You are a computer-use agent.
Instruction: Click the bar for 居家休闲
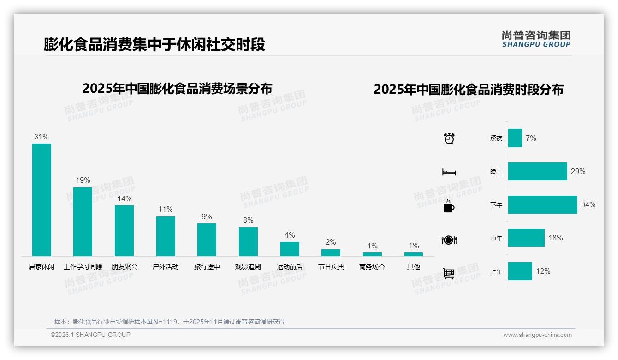[x=42, y=199]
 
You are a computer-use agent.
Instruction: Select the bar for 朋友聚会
[x=124, y=230]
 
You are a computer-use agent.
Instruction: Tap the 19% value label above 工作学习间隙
[x=83, y=180]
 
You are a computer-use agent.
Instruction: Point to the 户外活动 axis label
[x=166, y=267]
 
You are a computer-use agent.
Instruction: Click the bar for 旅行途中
[x=207, y=240]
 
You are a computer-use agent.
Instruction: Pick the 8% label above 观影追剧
[x=248, y=220]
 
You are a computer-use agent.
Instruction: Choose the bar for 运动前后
[x=290, y=249]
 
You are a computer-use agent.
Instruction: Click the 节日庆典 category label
[x=331, y=267]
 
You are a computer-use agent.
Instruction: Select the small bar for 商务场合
[x=372, y=254]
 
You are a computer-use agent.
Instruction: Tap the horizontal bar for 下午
[x=542, y=204]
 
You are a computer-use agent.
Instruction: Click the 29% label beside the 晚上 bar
[x=578, y=171]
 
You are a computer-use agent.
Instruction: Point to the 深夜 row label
[x=496, y=138]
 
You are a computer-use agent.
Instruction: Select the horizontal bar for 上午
[x=520, y=271]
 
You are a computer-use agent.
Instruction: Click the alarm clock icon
[x=449, y=138]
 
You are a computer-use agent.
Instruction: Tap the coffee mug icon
[x=449, y=206]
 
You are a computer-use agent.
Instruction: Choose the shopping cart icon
[x=449, y=273]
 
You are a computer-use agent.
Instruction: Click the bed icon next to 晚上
[x=449, y=172]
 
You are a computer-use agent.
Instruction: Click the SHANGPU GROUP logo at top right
[x=536, y=39]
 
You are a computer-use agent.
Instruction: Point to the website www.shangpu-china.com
[x=537, y=335]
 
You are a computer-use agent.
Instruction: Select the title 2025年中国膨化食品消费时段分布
[x=469, y=90]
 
